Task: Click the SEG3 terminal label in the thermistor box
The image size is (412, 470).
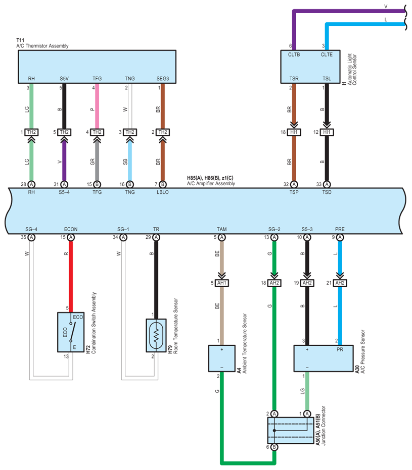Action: [x=163, y=79]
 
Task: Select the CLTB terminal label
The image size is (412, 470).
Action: [x=294, y=55]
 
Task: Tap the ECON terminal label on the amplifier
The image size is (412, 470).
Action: [x=71, y=229]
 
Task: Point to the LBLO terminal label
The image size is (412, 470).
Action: [x=163, y=192]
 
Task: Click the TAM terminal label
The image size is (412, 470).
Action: [x=222, y=229]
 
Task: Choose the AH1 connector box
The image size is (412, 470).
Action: [x=222, y=283]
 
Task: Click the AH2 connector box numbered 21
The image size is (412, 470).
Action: [x=340, y=283]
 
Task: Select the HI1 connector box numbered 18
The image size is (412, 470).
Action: [x=294, y=132]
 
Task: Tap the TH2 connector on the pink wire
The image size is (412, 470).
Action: [x=97, y=132]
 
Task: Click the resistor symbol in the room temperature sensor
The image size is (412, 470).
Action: [x=156, y=335]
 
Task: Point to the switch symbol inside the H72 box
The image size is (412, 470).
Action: [x=72, y=332]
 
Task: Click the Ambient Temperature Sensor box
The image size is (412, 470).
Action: [x=222, y=358]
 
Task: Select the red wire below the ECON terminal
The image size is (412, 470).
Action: [x=71, y=277]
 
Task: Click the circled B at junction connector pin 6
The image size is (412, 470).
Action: [x=274, y=447]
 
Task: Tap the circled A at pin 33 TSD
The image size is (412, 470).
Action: [x=327, y=184]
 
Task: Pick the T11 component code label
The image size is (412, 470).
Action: [x=20, y=40]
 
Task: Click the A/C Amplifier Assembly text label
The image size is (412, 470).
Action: [x=211, y=183]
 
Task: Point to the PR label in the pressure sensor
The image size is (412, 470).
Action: [x=340, y=349]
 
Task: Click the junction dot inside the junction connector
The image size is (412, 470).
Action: [x=274, y=431]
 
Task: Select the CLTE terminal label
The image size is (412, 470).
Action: [x=327, y=55]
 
